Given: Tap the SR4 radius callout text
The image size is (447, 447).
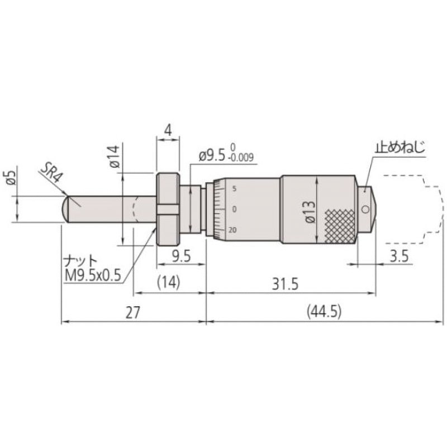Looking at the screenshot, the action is (51, 174).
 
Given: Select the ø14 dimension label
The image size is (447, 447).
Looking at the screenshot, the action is (115, 156).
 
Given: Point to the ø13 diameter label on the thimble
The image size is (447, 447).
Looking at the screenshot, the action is (311, 211).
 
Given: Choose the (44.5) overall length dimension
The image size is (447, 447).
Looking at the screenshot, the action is (325, 312).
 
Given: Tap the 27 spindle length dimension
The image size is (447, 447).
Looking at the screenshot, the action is (133, 312).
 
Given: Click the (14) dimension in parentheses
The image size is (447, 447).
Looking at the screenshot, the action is (169, 283).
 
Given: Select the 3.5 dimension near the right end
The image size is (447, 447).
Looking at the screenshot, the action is (399, 256).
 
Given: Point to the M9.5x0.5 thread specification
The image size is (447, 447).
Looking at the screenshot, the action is (93, 275).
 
